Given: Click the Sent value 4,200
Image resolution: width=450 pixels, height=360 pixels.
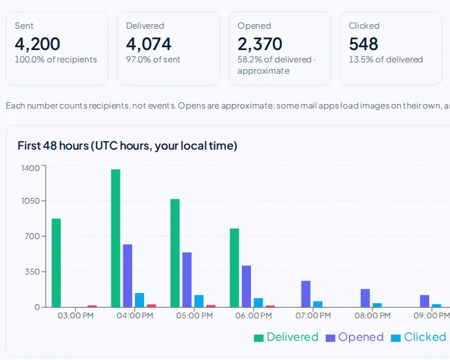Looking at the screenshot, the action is point(37,44).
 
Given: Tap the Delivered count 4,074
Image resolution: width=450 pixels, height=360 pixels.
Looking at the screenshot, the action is point(148,44).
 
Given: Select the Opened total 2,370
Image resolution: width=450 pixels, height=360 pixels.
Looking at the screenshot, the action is point(260,44).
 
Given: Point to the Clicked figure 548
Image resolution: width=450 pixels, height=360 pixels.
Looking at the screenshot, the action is point(363,44).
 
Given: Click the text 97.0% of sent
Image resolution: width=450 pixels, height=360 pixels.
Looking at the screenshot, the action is point(153,60).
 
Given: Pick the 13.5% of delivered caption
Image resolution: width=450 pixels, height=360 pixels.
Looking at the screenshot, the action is point(386,60).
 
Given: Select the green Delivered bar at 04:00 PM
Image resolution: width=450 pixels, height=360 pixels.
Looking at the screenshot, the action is point(116,238).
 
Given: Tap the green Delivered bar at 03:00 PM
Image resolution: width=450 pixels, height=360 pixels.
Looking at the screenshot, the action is point(56,263).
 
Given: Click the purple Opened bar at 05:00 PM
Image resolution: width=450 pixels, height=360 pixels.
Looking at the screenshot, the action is point(187,280).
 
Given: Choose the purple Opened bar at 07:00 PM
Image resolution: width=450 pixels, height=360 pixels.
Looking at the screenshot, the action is point(306,294).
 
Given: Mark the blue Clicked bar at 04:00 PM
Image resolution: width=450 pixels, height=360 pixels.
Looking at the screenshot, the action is point(139,300).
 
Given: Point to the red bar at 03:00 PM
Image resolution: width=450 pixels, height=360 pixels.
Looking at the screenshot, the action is point(92,307).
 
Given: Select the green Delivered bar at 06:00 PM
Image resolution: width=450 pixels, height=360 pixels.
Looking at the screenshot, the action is point(235,268).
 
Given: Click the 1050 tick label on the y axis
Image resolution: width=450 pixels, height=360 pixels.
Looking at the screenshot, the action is point(31,201).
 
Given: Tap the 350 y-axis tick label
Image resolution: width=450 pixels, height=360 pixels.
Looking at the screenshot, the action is point(32,272).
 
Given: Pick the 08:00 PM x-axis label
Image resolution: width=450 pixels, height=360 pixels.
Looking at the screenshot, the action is point(372,316).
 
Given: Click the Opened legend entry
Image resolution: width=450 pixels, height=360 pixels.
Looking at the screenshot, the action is point(355,337).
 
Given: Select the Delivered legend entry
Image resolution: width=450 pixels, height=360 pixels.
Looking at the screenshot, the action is point(286,337).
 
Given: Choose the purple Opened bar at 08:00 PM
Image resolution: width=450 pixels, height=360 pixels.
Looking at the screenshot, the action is point(365,298).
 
